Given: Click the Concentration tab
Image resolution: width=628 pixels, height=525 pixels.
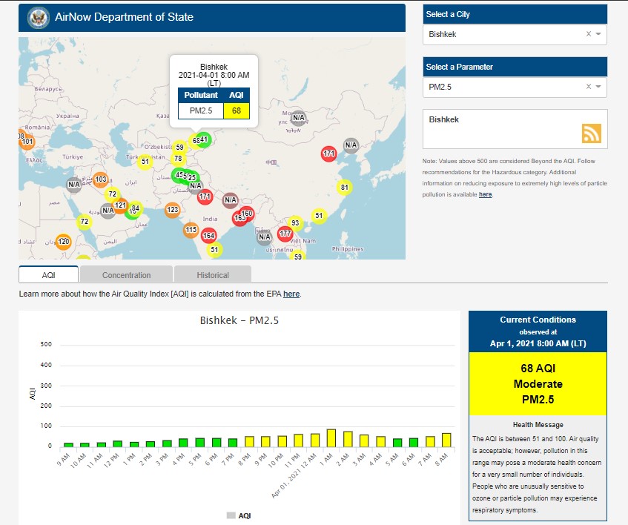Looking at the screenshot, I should click(126, 274).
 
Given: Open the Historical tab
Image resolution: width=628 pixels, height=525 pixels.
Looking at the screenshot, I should click(213, 274).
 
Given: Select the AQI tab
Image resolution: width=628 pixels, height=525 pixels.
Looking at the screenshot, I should click(48, 274).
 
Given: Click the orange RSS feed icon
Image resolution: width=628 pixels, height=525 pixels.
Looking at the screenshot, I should click(592, 133).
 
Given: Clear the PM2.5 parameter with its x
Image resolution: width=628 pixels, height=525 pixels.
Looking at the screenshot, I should click(589, 87).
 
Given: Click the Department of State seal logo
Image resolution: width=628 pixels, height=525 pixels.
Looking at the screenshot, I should click(38, 17).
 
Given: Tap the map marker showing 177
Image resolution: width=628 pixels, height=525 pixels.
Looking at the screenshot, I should click(285, 234).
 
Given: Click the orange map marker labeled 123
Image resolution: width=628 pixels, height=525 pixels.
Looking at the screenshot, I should click(172, 210).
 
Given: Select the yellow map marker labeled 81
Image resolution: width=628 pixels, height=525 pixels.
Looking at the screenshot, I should click(344, 188).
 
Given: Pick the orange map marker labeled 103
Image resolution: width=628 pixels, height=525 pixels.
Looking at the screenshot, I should click(100, 179).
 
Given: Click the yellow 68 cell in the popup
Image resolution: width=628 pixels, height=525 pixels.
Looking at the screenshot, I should click(237, 111).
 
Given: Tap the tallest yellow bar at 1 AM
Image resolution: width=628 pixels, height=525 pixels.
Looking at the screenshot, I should click(331, 438).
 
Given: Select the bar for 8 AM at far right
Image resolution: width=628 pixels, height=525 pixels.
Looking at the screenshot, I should click(446, 440).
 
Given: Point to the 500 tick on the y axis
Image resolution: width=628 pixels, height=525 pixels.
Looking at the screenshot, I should click(46, 345).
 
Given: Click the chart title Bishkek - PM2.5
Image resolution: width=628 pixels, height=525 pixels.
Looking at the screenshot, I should click(239, 321).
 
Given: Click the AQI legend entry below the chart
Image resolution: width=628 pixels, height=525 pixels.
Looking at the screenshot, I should click(239, 515).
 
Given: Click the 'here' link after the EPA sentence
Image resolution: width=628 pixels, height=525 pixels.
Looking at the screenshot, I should click(291, 294).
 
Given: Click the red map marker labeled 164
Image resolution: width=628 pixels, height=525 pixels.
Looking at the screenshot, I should click(209, 236).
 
